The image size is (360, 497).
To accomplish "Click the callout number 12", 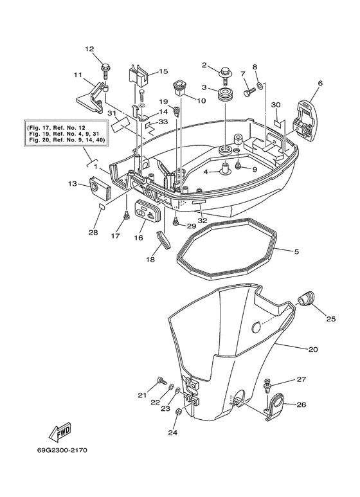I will click(x=89, y=49).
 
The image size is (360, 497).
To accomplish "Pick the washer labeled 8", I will click(x=258, y=85).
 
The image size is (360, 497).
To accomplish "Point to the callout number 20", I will click(x=313, y=350).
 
